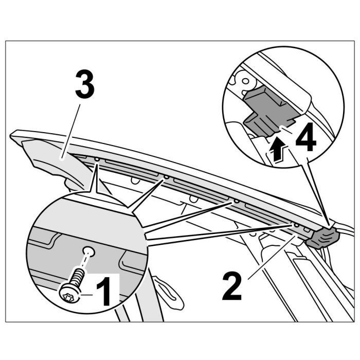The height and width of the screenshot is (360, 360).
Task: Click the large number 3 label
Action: [x=85, y=85]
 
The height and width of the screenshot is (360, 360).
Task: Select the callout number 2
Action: [x=232, y=286]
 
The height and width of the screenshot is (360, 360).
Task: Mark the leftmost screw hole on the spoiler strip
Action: [x=96, y=159]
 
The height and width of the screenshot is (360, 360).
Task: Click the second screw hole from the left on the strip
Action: [x=167, y=178]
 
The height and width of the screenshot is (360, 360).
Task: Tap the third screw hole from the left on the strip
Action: [x=236, y=201]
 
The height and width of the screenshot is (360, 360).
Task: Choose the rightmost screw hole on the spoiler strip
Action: [x=296, y=225]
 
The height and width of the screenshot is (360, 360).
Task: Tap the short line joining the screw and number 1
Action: [x=86, y=294]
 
